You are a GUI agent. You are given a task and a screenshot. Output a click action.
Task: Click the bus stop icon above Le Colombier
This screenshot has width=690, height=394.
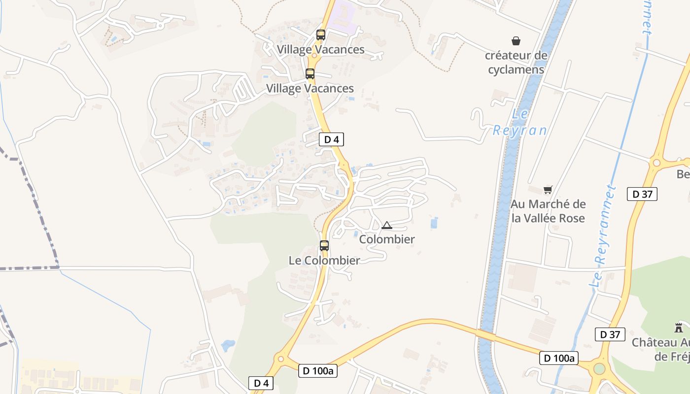point(324,245)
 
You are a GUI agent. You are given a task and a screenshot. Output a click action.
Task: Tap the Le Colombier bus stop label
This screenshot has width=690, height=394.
point(324,260)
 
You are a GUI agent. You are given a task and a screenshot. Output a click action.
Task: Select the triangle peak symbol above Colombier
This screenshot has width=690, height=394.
point(387,226)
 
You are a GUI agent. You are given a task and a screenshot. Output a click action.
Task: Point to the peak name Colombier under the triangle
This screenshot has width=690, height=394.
point(387,239)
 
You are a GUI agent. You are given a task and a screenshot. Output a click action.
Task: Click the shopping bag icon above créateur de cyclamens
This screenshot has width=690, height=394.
point(516,41)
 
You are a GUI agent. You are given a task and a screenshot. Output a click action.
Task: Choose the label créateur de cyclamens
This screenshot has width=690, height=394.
point(516,63)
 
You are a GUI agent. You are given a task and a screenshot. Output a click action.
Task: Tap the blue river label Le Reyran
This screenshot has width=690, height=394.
point(520,123)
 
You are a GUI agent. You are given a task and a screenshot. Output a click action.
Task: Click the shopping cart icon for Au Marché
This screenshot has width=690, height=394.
point(548,190)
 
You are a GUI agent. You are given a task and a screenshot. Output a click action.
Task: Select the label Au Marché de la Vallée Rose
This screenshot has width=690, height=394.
point(548,211)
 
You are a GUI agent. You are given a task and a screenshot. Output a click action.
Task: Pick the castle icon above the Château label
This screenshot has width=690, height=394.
point(679,328)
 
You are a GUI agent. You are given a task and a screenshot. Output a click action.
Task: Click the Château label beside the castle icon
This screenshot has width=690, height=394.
point(660,349)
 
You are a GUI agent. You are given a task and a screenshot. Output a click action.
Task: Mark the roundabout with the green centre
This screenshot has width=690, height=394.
point(599,368)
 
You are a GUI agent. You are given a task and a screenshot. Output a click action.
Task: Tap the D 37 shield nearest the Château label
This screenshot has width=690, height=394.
point(610,334)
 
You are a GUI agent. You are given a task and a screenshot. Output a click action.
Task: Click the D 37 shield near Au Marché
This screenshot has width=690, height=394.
point(642,194)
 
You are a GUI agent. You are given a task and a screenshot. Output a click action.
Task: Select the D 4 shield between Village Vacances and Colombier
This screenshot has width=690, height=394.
point(331,139)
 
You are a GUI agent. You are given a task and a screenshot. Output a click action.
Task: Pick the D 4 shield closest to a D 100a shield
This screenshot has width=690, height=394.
point(261,383)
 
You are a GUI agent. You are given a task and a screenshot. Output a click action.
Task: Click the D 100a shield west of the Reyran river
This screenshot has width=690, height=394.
point(318,371)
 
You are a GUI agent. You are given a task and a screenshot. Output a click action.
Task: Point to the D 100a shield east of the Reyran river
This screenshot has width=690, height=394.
point(559,358)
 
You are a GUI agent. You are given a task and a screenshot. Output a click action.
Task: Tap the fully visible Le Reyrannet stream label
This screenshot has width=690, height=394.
point(603,236)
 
